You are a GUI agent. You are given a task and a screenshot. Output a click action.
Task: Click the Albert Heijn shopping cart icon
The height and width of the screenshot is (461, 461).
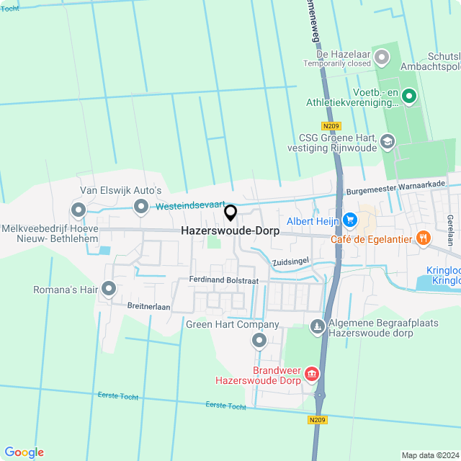point(350,220)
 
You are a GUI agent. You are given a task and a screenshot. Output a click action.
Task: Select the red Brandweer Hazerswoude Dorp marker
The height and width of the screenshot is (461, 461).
point(312,373)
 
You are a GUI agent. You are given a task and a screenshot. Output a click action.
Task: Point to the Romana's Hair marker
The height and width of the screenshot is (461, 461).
point(109,290)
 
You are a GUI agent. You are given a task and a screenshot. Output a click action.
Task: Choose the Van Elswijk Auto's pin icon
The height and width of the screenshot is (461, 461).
point(79,210)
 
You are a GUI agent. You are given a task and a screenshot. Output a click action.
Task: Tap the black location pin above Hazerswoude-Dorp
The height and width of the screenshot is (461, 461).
point(230,213)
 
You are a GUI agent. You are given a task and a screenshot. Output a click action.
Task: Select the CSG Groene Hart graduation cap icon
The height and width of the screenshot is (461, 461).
point(388,141)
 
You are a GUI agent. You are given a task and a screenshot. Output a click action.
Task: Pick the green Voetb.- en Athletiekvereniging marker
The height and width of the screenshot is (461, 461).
point(408,96)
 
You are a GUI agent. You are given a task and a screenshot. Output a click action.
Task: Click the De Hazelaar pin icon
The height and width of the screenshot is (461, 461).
point(381,55)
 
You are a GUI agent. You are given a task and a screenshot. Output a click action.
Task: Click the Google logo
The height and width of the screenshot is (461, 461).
point(23,452)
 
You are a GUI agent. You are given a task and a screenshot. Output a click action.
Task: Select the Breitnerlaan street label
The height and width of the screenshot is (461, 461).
point(148,306)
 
